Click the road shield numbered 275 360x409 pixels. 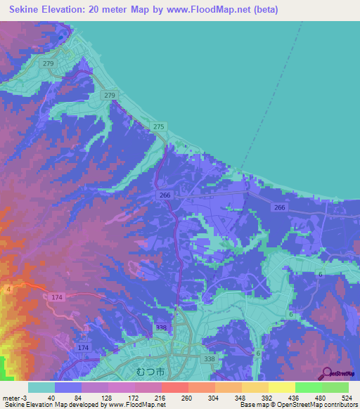tap(159, 126)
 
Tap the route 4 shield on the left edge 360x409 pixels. tap(8, 289)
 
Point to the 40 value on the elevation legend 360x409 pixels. tap(51, 397)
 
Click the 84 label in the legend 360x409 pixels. tap(77, 397)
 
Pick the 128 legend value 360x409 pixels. tap(105, 397)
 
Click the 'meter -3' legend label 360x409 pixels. tap(14, 397)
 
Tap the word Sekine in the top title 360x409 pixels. tap(26, 10)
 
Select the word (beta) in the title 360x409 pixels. tap(265, 10)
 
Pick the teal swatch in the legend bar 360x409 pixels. tap(41, 387)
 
